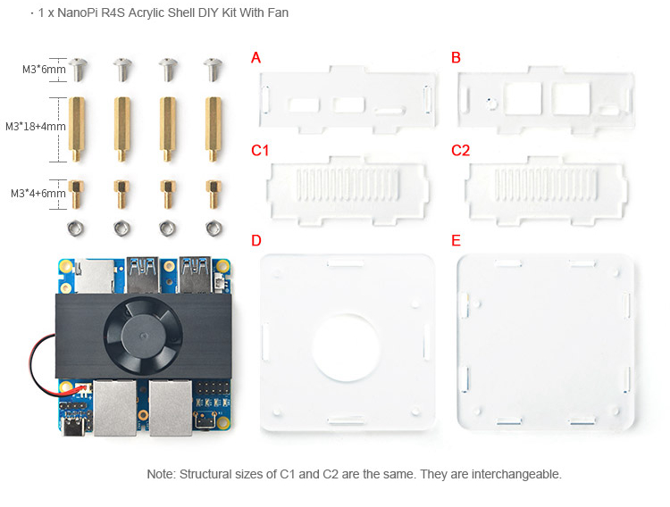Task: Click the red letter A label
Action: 255,58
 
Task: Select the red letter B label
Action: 456,58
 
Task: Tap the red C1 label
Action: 260,150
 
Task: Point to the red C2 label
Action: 461,150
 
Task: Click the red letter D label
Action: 256,241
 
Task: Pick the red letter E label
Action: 456,241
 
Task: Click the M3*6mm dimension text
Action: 44,70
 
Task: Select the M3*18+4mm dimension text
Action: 36,127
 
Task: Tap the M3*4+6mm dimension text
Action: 38,194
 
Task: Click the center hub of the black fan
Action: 143,335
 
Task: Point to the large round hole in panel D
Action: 346,348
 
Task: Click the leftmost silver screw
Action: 78,70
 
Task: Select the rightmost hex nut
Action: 214,229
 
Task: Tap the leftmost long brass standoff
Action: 77,129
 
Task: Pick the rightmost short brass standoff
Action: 214,194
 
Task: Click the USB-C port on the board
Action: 77,427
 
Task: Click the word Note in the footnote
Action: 161,474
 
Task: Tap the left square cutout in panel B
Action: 523,99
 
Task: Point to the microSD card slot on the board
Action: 94,277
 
